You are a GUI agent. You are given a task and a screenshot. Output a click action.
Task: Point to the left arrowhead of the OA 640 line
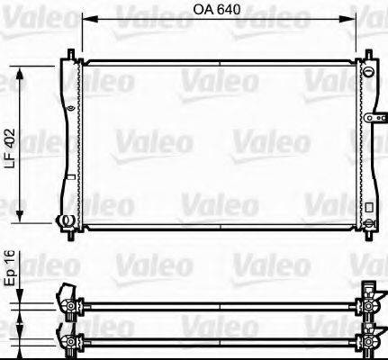(86, 27)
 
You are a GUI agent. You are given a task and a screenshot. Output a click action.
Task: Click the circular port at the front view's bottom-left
(63, 220)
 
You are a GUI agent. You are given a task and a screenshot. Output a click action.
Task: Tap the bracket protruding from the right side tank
(375, 117)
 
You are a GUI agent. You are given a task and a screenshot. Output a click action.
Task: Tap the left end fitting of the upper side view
(66, 298)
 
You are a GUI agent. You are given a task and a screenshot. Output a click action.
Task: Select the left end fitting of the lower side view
(66, 340)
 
